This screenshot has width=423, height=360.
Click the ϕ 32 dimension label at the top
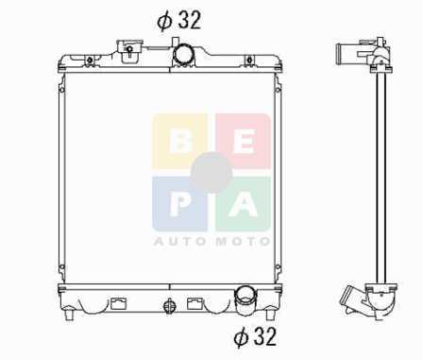point(178,21)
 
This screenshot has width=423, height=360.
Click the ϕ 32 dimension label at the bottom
point(255,336)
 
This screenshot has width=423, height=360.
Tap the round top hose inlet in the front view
point(184,54)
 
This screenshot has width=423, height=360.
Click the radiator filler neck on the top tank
point(129,48)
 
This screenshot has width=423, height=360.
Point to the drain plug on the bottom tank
point(169,306)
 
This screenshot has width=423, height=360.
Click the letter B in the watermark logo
point(180,142)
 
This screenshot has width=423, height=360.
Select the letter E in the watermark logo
point(244,142)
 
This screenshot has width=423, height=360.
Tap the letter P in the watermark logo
point(180,205)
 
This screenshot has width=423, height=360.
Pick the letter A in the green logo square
point(244,205)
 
